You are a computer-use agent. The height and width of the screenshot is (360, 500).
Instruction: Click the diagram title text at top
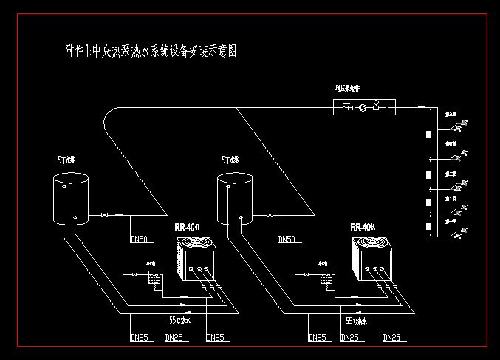pyautogui.click(x=151, y=52)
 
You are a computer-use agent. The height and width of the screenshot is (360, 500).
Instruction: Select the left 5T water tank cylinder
pyautogui.click(x=69, y=200)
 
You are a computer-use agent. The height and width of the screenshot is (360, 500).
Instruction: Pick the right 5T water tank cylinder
pyautogui.click(x=235, y=200)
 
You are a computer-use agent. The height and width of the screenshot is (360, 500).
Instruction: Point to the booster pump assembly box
pyautogui.click(x=365, y=108)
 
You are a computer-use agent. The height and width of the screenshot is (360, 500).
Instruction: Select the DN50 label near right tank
pyautogui.click(x=286, y=240)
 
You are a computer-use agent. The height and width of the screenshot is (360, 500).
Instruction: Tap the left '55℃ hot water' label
pyautogui.click(x=179, y=321)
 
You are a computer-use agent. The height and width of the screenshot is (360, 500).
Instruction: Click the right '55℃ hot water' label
pyautogui.click(x=356, y=321)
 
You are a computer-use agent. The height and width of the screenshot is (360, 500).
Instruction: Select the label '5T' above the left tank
pyautogui.click(x=65, y=160)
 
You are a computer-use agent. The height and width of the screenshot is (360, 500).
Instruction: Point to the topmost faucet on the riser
pyautogui.click(x=457, y=127)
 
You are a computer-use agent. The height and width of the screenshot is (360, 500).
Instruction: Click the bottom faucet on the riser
pyautogui.click(x=457, y=233)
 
